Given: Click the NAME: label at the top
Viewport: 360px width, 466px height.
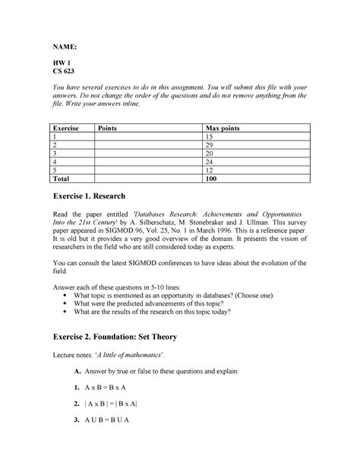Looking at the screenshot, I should tap(65, 46).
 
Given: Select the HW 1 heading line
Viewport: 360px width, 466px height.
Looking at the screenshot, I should tap(62, 66).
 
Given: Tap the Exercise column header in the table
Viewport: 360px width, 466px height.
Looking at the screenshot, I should tap(66, 128).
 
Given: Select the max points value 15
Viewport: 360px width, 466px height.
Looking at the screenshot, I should tap(210, 137).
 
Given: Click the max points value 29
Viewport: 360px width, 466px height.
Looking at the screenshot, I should tap(210, 145).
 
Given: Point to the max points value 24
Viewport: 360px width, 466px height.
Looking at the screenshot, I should tap(210, 162).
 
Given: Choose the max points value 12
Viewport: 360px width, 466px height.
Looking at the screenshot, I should tap(210, 170).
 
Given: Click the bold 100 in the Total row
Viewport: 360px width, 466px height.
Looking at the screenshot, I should tap(213, 179).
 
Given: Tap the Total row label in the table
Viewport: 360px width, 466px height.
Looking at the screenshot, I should tap(62, 179).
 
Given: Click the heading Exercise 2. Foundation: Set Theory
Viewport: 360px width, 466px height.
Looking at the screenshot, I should tap(131, 337).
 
